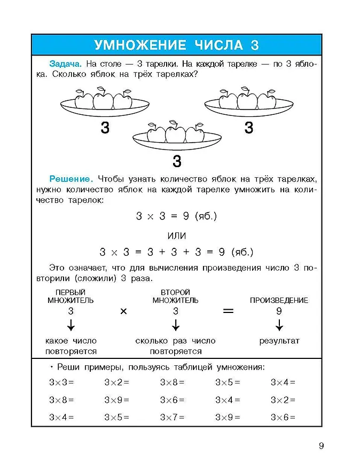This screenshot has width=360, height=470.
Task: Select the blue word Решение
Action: pos(72,178)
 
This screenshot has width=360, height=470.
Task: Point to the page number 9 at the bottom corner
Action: pos(321,446)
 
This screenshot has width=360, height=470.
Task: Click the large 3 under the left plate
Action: pos(105,128)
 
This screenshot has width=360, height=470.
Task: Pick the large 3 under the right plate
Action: pos(248,128)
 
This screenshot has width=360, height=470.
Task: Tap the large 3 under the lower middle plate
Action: pos(177,161)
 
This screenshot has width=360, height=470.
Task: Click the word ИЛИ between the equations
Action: pos(177,236)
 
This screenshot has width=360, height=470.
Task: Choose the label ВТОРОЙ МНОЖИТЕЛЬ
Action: pos(175,296)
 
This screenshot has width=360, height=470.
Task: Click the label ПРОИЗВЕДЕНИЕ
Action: pos(279,300)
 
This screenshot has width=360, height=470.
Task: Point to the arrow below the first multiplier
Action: pos(71,325)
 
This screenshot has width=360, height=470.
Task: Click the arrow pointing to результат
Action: pos(279,325)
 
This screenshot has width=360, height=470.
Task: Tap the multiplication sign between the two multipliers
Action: pos(123,311)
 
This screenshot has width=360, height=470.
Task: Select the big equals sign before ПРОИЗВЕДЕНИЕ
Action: pos(228,310)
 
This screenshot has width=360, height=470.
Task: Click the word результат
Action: pos(279,341)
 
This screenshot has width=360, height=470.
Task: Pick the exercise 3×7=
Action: pos(171,417)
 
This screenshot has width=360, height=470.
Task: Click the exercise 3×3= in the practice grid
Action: pos(61,382)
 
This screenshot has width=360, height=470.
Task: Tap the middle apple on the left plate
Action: pos(103,100)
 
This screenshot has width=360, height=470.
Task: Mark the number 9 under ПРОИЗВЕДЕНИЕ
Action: pos(279,311)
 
